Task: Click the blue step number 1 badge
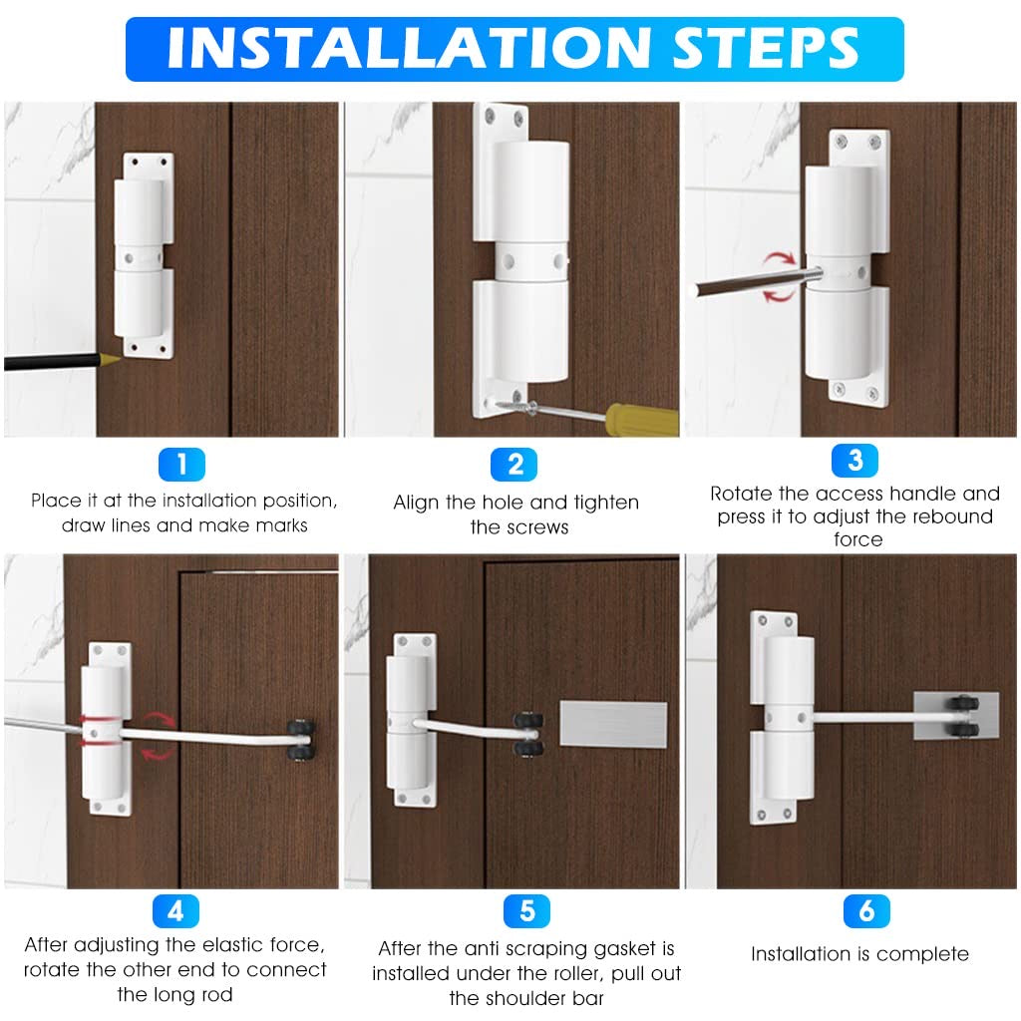click(180, 464)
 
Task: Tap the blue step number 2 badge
click(514, 464)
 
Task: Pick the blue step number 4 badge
click(175, 910)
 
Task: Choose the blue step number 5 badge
click(526, 910)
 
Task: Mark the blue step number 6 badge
click(865, 910)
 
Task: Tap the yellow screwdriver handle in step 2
click(643, 419)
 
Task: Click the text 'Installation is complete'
click(859, 954)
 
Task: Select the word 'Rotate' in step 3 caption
click(744, 494)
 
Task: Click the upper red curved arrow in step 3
click(779, 261)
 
